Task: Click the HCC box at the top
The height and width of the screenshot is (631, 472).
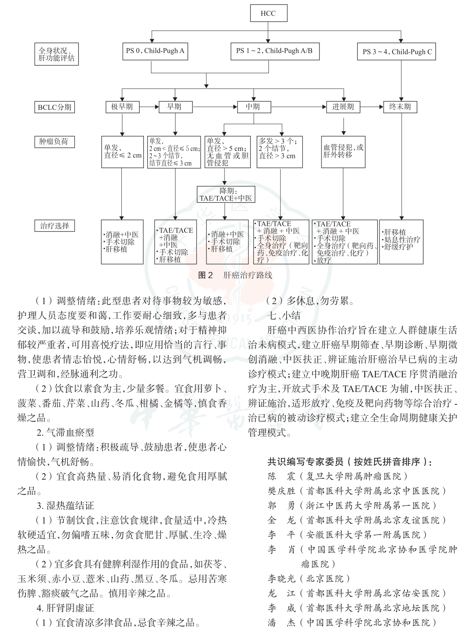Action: tap(268, 13)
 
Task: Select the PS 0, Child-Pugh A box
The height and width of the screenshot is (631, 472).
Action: tap(155, 51)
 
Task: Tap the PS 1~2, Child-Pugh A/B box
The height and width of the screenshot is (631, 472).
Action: tap(274, 51)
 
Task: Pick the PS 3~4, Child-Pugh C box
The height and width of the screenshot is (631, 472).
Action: tap(397, 52)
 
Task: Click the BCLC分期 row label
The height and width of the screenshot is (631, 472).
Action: tap(54, 107)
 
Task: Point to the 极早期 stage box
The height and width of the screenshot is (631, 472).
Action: tap(123, 107)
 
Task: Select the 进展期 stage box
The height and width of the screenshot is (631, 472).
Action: tap(343, 107)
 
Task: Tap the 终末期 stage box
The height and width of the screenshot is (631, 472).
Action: tap(400, 107)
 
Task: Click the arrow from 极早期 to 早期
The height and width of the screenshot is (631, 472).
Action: tap(149, 107)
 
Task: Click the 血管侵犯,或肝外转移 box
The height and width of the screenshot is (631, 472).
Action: tap(343, 151)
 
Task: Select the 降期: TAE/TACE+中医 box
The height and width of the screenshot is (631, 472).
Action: tap(225, 194)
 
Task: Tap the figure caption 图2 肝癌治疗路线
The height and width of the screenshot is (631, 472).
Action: tap(235, 275)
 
